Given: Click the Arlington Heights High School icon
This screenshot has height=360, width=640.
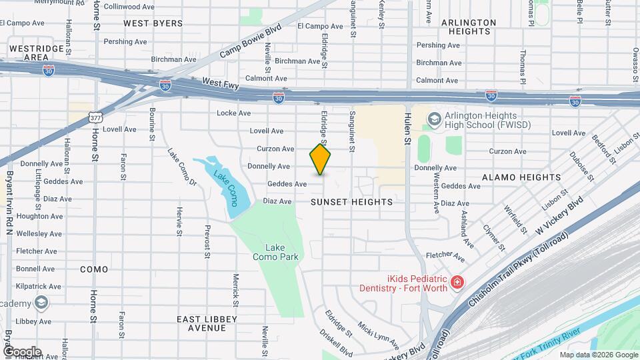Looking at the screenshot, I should pyautogui.click(x=435, y=119).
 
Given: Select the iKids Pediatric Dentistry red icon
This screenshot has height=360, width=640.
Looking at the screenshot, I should pyautogui.click(x=457, y=282).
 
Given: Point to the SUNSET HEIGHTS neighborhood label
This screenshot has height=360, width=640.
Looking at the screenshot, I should pyautogui.click(x=352, y=201).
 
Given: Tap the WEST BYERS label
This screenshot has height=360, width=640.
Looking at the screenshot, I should pyautogui.click(x=153, y=23).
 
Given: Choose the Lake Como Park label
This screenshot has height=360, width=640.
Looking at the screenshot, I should pyautogui.click(x=274, y=251).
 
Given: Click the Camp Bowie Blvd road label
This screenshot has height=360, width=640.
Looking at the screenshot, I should pyautogui.click(x=251, y=41).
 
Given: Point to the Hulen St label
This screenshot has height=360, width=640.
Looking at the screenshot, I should pyautogui.click(x=406, y=127).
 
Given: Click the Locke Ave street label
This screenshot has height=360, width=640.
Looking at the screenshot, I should pyautogui.click(x=233, y=113).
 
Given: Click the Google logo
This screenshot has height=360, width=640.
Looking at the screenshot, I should pyautogui.click(x=22, y=351).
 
